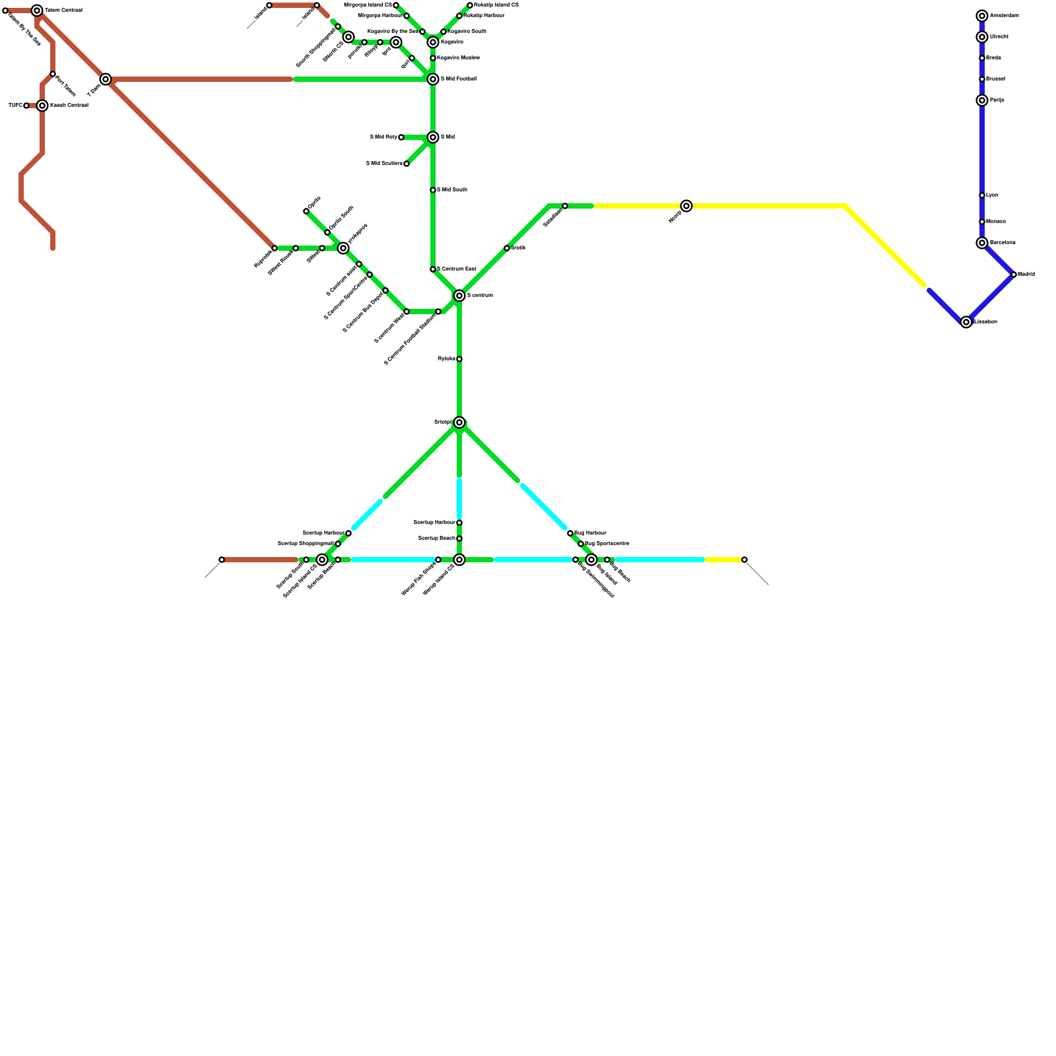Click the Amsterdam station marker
click(x=982, y=16)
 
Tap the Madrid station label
click(x=1026, y=275)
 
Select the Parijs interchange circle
click(x=982, y=100)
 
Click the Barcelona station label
click(x=1003, y=243)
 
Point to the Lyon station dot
click(x=982, y=195)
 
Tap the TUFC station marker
click(x=26, y=106)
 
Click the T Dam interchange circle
click(x=106, y=79)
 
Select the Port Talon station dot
click(x=53, y=74)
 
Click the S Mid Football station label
click(x=459, y=79)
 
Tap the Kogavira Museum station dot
click(x=433, y=58)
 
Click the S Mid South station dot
click(x=433, y=190)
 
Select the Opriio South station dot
click(x=327, y=232)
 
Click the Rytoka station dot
click(x=459, y=359)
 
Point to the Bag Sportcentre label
click(x=607, y=544)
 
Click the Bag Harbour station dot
click(x=570, y=533)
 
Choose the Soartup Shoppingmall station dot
click(x=338, y=544)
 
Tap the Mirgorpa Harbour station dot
click(x=407, y=16)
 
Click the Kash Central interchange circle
click(x=42, y=106)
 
